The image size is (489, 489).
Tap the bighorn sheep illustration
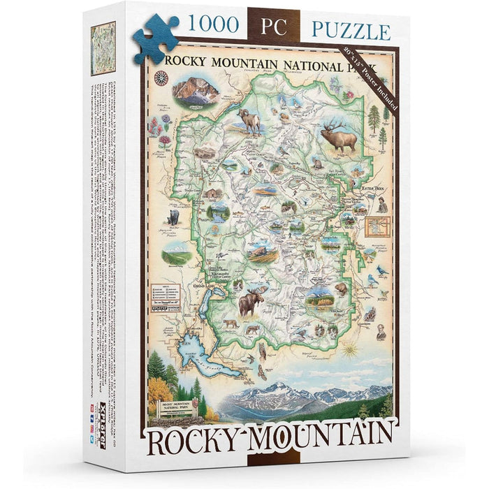[250, 121]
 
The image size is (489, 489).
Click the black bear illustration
[173, 217]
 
